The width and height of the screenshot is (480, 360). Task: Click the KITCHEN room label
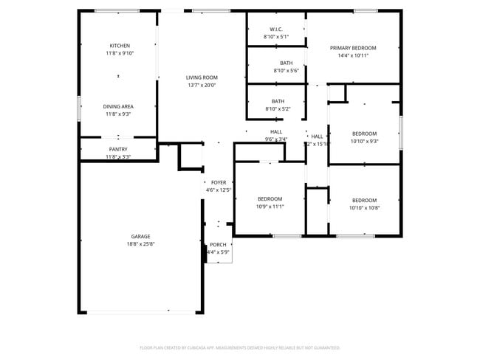point(120,46)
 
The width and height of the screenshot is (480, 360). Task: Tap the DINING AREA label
point(118,106)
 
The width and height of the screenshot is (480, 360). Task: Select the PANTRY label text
point(118,149)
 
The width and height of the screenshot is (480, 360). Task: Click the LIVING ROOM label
point(202,77)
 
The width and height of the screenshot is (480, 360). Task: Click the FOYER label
point(219,182)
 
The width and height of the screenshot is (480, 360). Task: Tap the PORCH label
point(219,244)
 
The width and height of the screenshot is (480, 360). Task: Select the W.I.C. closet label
point(276,29)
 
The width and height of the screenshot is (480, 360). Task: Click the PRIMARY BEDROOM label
point(353,48)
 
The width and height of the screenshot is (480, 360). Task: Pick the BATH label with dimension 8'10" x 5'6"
point(286,63)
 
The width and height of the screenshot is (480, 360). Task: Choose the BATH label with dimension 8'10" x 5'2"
point(278,101)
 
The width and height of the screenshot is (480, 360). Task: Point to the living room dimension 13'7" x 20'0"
point(202,86)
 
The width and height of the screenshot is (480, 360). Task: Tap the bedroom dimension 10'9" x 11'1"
point(270,207)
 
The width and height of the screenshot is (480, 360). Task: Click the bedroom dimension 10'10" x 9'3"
point(364,141)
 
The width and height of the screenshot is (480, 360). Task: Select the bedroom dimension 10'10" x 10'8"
point(364,208)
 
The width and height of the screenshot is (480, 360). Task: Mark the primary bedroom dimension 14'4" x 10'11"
point(353,56)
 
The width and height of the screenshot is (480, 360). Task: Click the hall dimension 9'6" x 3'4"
point(276,139)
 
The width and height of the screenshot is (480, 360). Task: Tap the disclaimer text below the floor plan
point(239,347)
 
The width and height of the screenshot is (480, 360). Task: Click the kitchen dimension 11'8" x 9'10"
point(120,54)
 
